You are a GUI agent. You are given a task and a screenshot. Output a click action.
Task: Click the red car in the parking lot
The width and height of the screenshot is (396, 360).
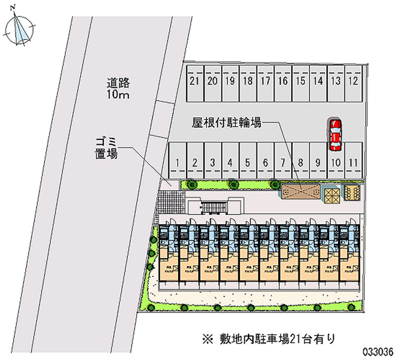[335, 135]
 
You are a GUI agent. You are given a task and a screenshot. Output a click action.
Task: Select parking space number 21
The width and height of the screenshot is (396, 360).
[194, 82]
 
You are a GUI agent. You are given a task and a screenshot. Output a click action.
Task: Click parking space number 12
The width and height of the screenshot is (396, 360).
[352, 82]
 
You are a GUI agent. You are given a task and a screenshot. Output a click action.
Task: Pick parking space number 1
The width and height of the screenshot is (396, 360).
[177, 161]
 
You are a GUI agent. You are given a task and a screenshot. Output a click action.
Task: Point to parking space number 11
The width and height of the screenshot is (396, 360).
[352, 161]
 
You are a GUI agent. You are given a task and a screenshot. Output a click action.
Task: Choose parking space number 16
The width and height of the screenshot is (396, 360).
[282, 82]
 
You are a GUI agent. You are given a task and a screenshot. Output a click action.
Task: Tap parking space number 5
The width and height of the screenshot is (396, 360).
[247, 161]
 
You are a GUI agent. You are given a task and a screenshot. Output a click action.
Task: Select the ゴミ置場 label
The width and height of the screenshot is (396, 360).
[106, 149]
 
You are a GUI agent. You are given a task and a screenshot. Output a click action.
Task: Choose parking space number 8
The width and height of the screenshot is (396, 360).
[300, 161]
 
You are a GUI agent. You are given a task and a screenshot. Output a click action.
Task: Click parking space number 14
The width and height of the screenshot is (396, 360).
[318, 82]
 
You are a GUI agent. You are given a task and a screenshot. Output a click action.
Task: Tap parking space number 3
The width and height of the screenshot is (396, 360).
[212, 161]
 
